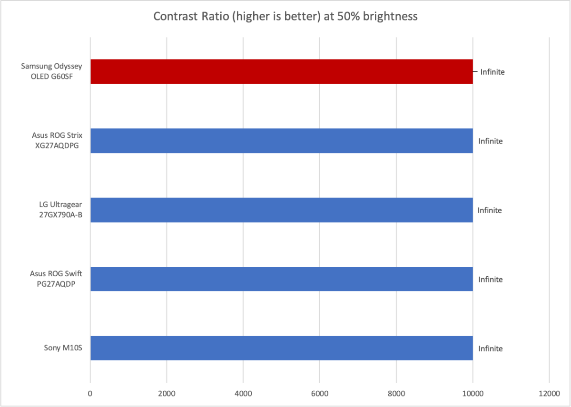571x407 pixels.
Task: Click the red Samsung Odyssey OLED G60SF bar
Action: (281, 72)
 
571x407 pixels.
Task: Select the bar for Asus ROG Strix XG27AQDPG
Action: (281, 141)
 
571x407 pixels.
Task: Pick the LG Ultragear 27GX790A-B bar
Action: (281, 210)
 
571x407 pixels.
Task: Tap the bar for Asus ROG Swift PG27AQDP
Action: (281, 279)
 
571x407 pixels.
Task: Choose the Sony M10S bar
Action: (281, 348)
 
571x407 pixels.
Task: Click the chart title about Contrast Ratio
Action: (285, 17)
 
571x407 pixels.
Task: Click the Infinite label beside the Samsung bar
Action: (492, 72)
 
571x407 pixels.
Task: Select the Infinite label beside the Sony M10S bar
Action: (491, 349)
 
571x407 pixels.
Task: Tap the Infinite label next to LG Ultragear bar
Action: (490, 210)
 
